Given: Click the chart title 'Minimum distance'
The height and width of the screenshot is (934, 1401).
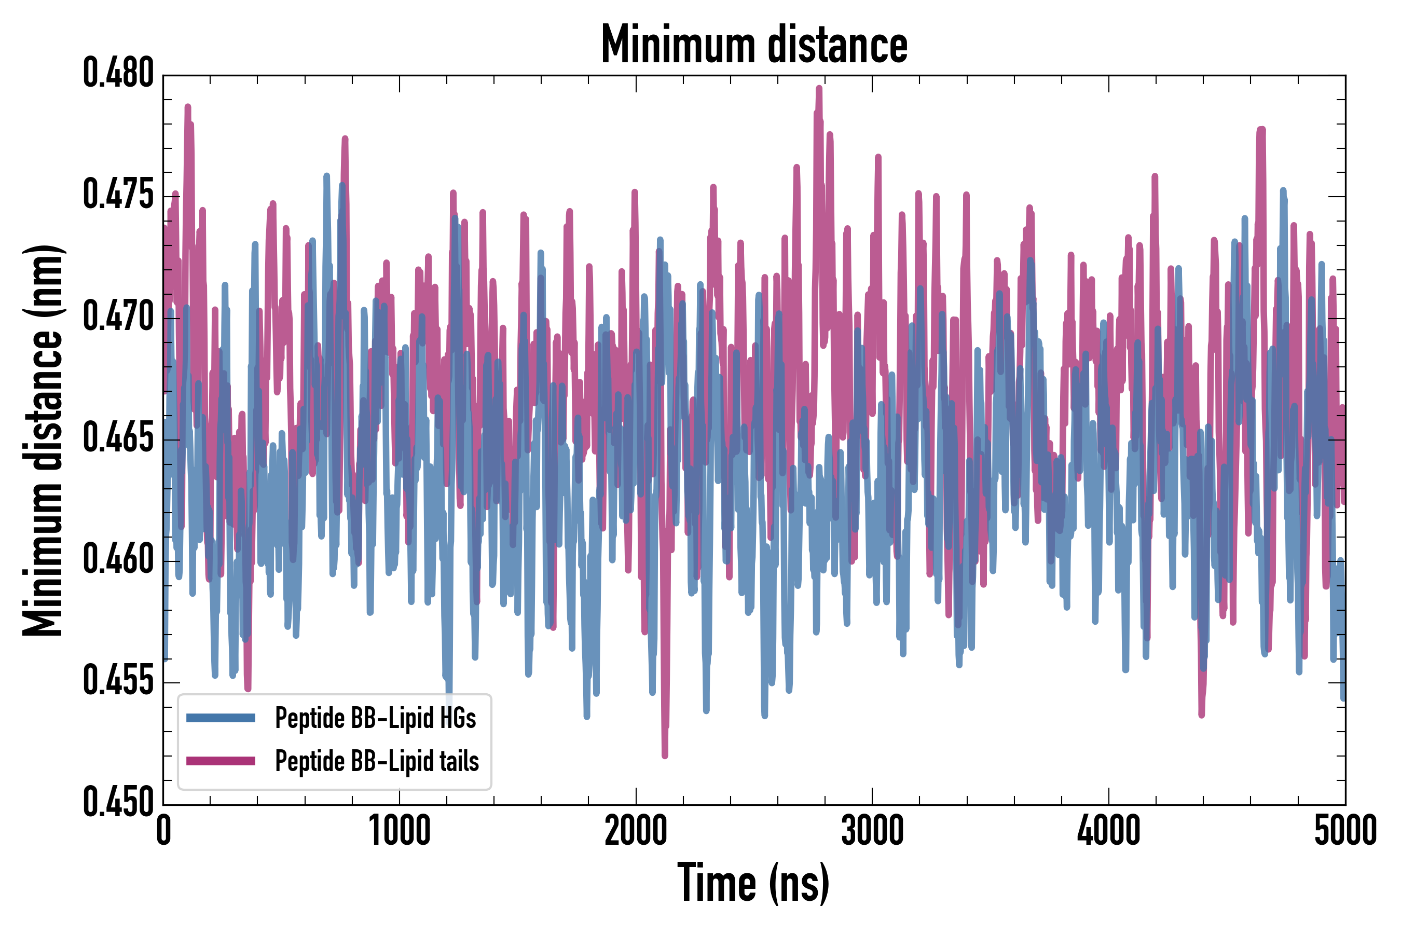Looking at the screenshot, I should coord(754,44).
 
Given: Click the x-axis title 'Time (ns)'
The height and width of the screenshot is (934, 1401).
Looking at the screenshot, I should coord(753,883).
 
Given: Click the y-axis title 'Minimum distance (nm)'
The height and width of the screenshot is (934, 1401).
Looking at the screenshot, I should coord(43,440).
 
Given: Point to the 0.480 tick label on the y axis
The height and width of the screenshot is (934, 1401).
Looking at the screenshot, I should coord(118,74).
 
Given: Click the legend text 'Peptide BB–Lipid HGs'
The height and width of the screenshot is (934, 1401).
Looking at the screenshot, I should coord(375,718).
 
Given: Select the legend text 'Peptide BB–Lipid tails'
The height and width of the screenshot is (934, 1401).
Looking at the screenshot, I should coord(377,761).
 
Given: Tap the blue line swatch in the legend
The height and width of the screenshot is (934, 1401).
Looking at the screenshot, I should coord(221,718).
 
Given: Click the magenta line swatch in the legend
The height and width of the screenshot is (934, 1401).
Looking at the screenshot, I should coord(221,761).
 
